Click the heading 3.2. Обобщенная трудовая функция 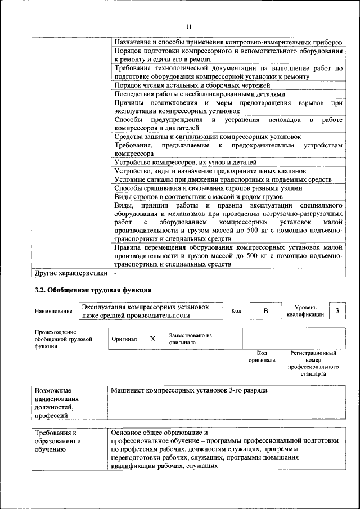93,290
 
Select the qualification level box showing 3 337,311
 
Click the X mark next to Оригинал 152,339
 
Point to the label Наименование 53,312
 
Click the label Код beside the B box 236,311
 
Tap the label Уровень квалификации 305,311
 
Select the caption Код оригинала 262,357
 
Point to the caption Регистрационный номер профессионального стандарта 313,363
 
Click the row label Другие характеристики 71,273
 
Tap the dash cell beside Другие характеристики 115,273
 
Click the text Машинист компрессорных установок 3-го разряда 189,390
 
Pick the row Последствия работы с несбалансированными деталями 200,94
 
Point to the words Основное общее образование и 160,433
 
